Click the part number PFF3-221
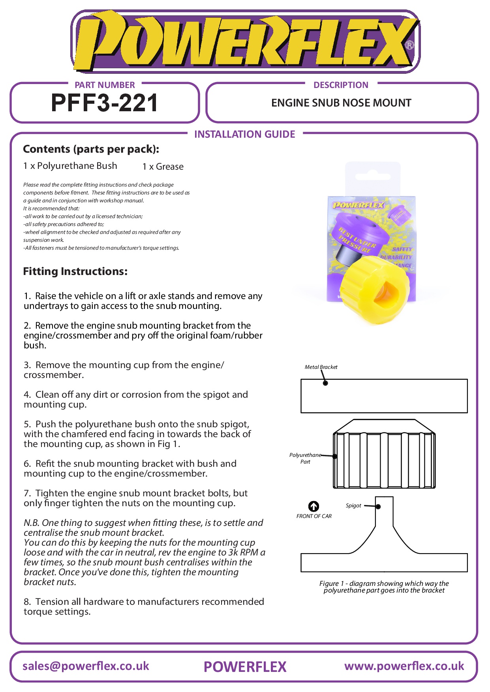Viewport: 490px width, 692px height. click(x=105, y=103)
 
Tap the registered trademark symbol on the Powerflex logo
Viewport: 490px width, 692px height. click(x=409, y=45)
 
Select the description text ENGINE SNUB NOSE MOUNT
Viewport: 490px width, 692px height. click(x=341, y=103)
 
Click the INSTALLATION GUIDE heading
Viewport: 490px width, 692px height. click(x=244, y=134)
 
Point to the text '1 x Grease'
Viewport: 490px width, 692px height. click(x=163, y=166)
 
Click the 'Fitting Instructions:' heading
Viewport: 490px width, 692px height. click(x=75, y=271)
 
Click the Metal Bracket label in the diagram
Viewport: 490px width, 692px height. click(x=321, y=367)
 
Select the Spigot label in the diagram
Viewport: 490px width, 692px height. click(x=353, y=505)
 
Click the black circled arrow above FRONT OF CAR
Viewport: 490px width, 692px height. click(x=314, y=506)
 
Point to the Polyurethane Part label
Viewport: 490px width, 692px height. click(x=305, y=458)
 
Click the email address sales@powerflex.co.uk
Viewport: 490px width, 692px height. click(x=86, y=666)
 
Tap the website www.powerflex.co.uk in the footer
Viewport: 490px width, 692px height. click(x=404, y=666)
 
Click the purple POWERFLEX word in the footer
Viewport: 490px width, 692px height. click(x=245, y=667)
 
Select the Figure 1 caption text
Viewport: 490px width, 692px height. click(x=384, y=587)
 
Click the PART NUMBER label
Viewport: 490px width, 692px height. click(x=105, y=85)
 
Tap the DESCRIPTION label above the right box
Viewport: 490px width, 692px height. click(x=341, y=85)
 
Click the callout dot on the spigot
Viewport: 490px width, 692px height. click(x=378, y=507)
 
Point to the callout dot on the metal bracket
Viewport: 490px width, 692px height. click(x=325, y=383)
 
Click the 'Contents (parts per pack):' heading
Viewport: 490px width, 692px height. click(x=91, y=149)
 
